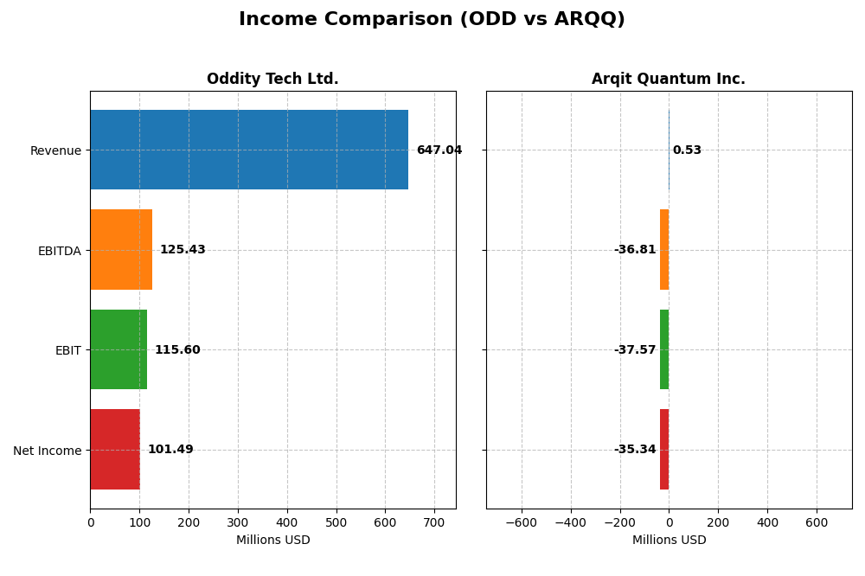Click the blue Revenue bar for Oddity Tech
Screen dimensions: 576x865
coord(249,150)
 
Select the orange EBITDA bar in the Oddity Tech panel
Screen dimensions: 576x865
coord(121,250)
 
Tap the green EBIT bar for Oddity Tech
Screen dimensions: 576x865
coord(119,349)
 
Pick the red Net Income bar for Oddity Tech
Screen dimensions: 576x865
coord(115,450)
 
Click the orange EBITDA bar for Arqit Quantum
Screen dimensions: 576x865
coord(664,250)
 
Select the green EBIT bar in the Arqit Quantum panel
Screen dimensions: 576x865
coord(664,349)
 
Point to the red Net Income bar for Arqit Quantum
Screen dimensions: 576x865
coord(664,450)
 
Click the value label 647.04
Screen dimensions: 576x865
coord(439,150)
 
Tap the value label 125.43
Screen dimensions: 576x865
coord(183,250)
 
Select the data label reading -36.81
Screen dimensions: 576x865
coord(635,250)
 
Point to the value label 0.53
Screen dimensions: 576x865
coord(687,150)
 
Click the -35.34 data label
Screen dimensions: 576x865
coord(635,450)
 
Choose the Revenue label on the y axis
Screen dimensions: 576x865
coord(55,151)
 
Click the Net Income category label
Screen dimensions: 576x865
coord(47,451)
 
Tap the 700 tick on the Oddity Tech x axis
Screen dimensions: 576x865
coord(435,522)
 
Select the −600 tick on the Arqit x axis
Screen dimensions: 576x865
coord(521,522)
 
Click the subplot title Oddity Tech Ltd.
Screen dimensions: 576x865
coord(272,80)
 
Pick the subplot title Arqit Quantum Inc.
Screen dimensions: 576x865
coord(668,80)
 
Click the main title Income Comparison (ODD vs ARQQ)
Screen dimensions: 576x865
coord(432,20)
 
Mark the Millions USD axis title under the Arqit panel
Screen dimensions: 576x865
coord(669,541)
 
